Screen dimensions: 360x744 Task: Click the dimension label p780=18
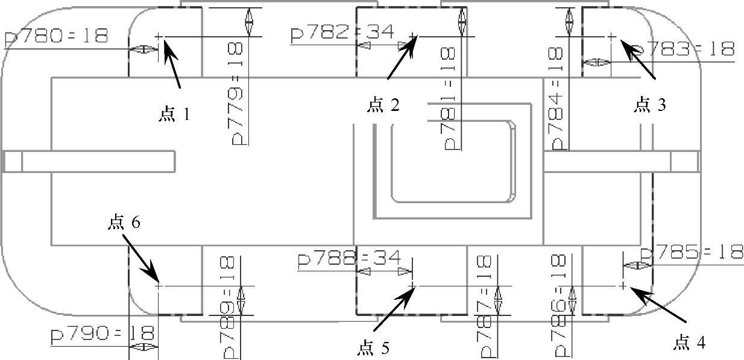tap(55, 37)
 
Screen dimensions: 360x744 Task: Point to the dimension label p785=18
tap(692, 253)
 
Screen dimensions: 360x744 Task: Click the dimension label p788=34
tap(349, 259)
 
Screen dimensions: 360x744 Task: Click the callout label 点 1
tap(174, 114)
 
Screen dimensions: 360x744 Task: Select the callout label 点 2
tap(383, 106)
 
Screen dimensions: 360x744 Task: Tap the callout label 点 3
tap(650, 106)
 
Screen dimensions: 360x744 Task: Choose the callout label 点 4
tap(689, 343)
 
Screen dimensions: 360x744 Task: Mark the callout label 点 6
tap(124, 223)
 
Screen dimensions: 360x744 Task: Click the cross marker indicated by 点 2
tap(412, 37)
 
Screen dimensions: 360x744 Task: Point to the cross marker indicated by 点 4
tap(623, 285)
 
